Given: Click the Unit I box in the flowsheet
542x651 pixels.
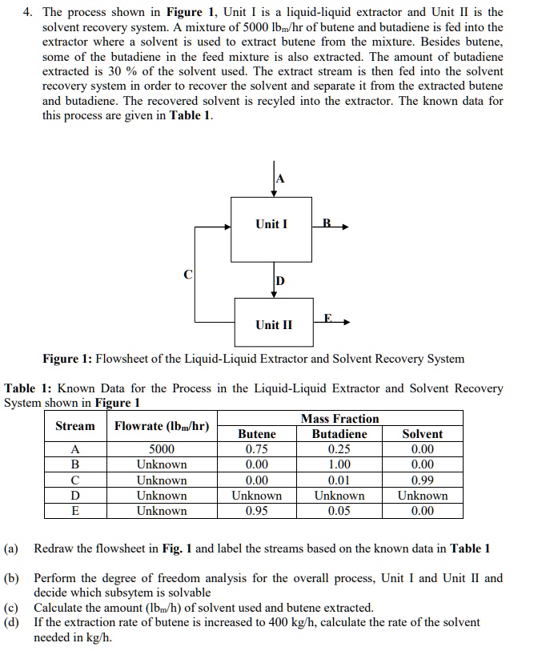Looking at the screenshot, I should [271, 228].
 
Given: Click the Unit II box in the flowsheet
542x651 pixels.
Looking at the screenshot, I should [274, 324].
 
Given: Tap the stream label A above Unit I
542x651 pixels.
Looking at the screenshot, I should [279, 178].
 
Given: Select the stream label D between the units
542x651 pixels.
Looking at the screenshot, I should [279, 281].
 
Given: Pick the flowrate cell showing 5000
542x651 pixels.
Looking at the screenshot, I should [162, 449].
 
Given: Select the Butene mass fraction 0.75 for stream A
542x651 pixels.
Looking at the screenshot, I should [257, 449].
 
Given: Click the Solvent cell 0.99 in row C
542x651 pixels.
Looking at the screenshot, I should [422, 480].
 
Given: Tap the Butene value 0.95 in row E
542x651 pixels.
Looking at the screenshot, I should [257, 511].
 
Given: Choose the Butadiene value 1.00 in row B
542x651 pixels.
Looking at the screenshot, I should [339, 464].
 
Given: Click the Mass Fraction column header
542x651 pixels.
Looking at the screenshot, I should [339, 419].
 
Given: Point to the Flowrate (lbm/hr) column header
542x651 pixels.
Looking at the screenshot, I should [162, 426].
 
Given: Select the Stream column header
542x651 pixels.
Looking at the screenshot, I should [74, 426].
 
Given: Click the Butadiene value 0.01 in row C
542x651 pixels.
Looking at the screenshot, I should [339, 480].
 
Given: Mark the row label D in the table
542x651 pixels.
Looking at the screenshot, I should [74, 496].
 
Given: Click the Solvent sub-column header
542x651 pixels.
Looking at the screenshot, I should [422, 434].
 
